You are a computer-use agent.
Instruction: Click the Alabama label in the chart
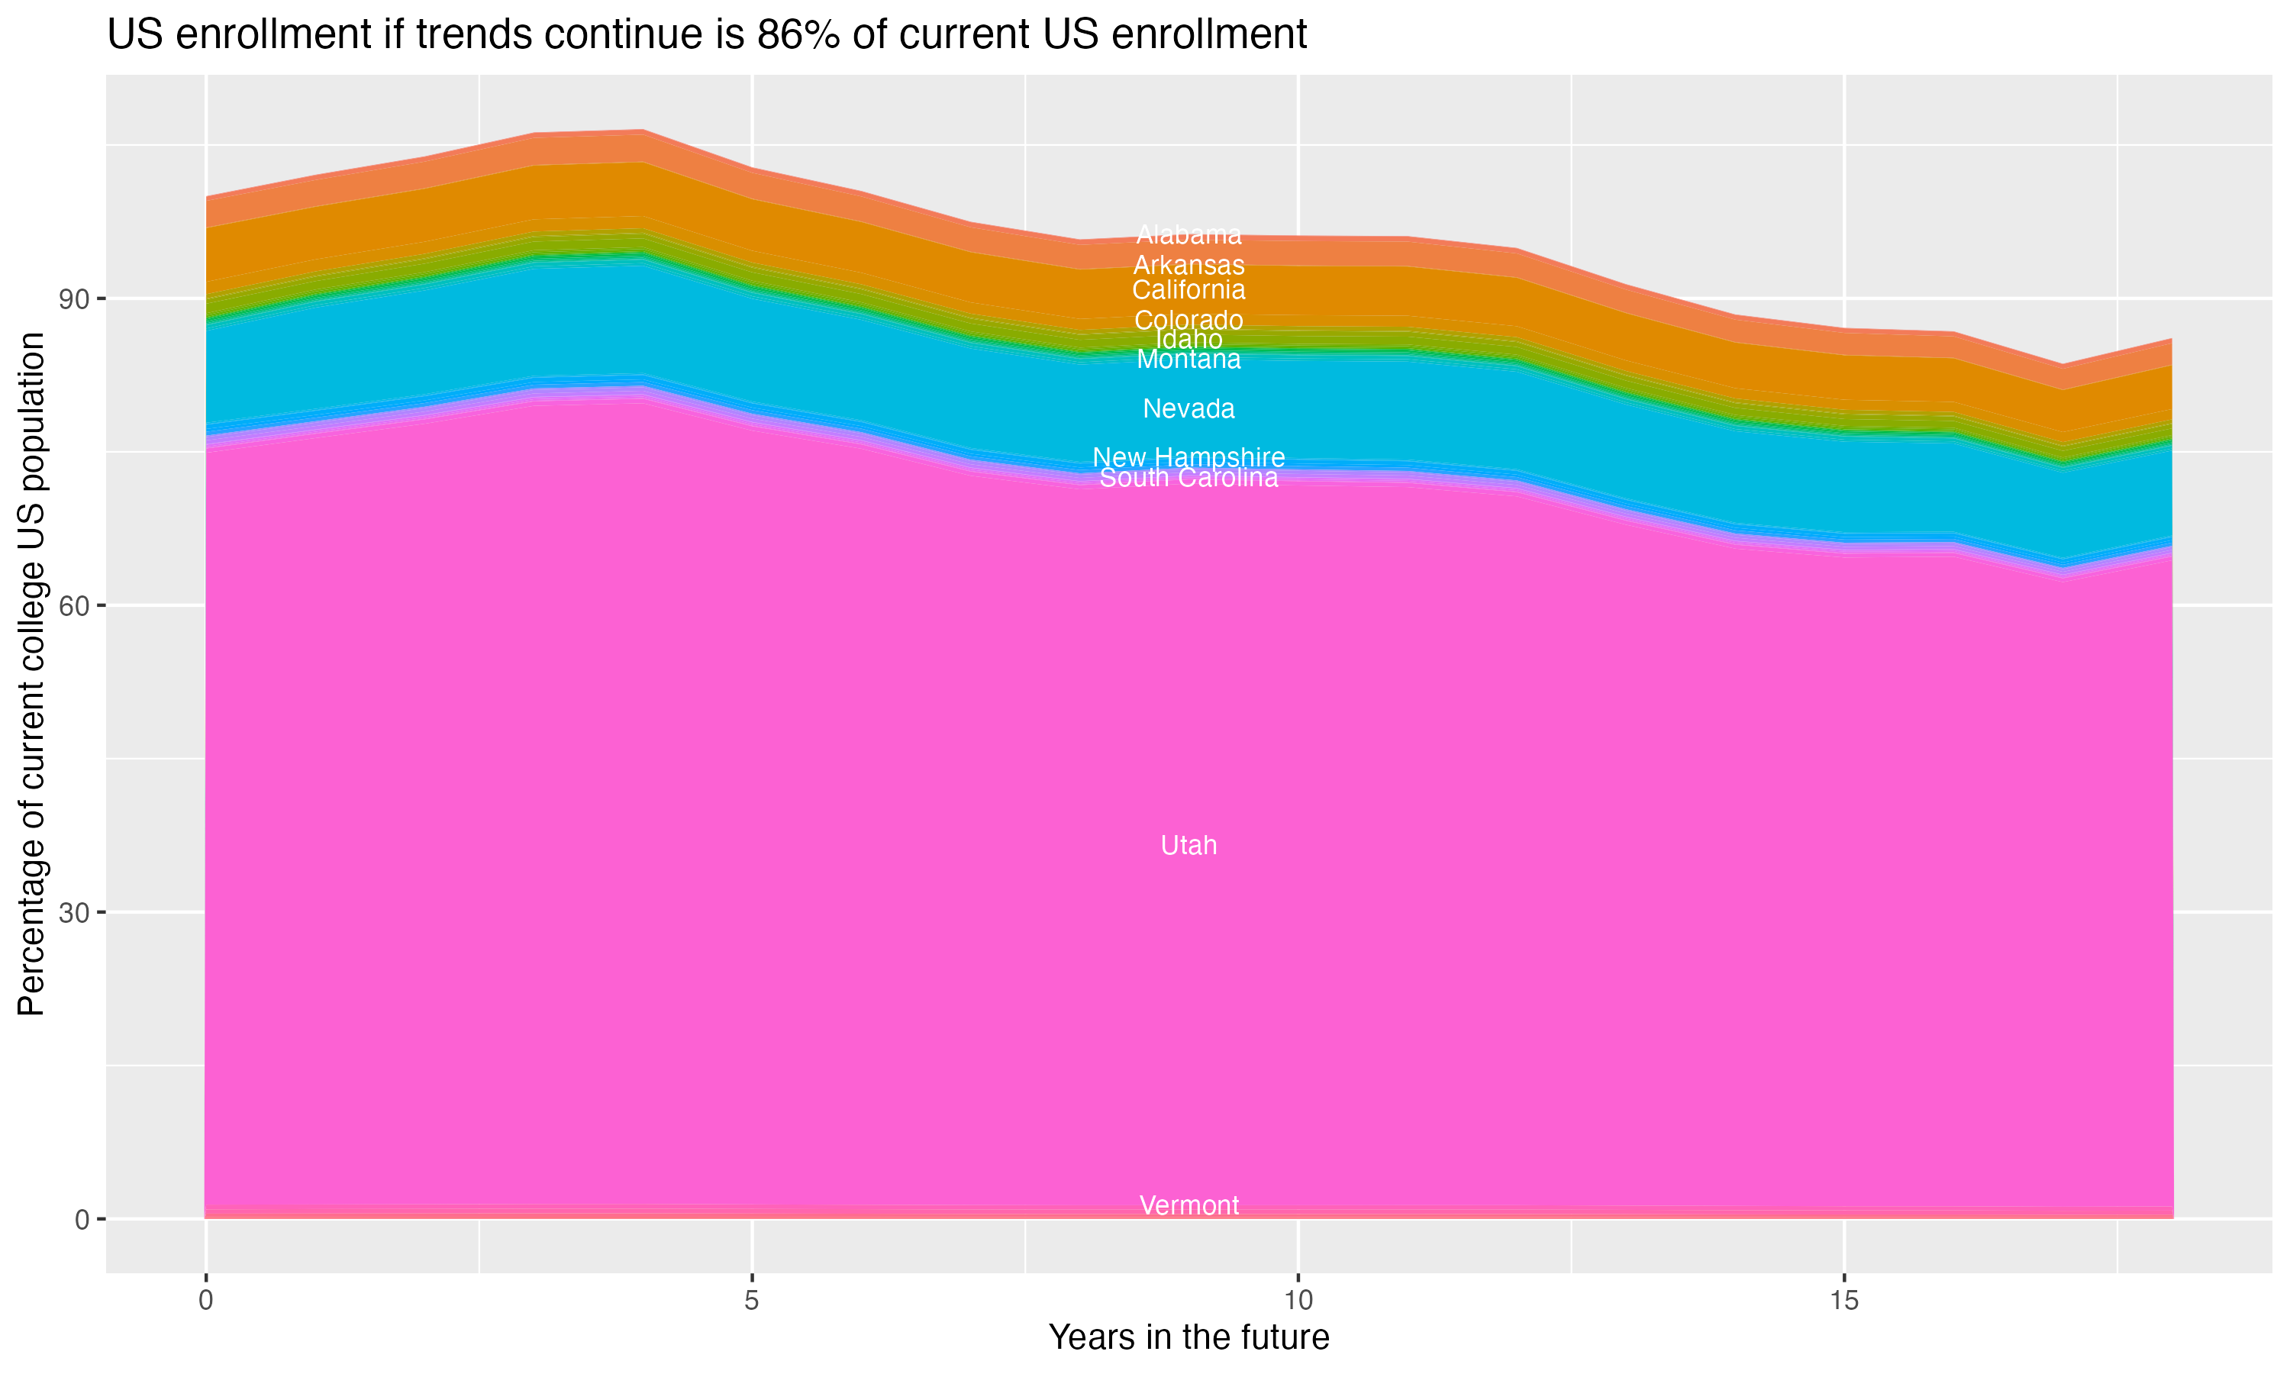click(1189, 235)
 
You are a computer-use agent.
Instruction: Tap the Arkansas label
click(1189, 265)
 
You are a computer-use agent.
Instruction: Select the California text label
click(1189, 290)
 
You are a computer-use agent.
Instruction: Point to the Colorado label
click(1189, 321)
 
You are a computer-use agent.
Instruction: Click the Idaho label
click(1189, 340)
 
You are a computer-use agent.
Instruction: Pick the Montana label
click(1189, 360)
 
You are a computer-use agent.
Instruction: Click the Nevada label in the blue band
click(1189, 408)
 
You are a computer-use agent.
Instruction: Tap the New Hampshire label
click(1189, 456)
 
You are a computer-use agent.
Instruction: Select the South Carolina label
click(1189, 478)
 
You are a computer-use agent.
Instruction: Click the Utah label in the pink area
click(1189, 845)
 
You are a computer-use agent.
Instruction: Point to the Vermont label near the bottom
click(1189, 1205)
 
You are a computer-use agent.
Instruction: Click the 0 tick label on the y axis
click(82, 1219)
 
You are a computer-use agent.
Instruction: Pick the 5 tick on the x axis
click(752, 1301)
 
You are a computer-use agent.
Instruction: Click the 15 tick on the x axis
click(1844, 1301)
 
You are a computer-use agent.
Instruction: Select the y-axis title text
click(31, 674)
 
